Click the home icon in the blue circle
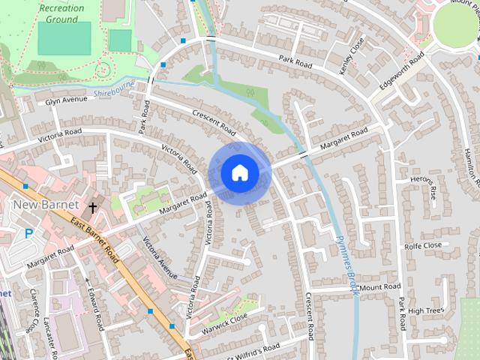pos(239,172)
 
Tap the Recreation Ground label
pos(62,13)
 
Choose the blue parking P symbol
pos(28,233)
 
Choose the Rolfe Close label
pos(422,245)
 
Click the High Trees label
pos(427,310)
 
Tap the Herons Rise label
pos(426,187)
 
